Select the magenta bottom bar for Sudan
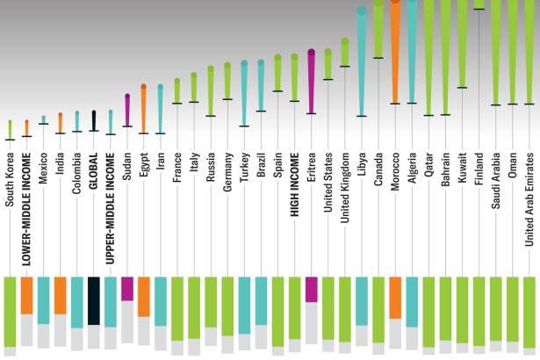click(x=126, y=289)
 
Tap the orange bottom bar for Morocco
click(x=394, y=298)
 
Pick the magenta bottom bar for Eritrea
click(x=311, y=289)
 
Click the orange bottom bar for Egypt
click(x=143, y=297)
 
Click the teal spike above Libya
click(x=361, y=61)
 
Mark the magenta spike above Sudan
click(x=126, y=111)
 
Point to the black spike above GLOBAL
click(x=93, y=121)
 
